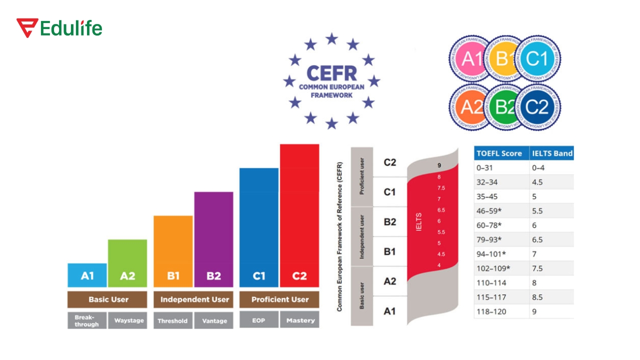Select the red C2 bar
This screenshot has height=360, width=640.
[x=299, y=215]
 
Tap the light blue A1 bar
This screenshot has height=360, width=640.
[x=87, y=275]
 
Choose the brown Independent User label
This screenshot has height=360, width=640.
[x=194, y=299]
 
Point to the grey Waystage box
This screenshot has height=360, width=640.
[x=128, y=320]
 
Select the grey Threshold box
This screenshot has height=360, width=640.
[x=172, y=320]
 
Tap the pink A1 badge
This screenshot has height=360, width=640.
[x=470, y=59]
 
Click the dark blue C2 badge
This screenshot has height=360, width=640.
[x=537, y=106]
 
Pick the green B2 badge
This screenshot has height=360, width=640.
[x=504, y=107]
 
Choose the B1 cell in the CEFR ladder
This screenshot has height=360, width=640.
[x=389, y=251]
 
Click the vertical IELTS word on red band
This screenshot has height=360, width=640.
[x=418, y=222]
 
